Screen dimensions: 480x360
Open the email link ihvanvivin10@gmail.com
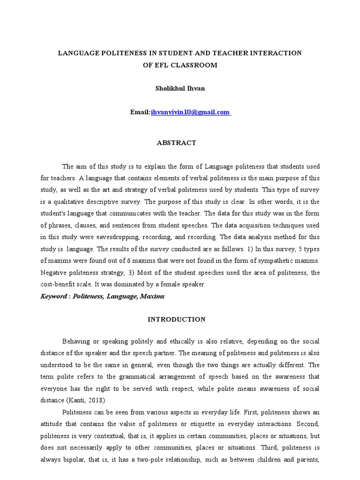(190, 112)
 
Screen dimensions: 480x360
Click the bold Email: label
(140, 112)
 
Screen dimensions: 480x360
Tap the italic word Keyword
(53, 297)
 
